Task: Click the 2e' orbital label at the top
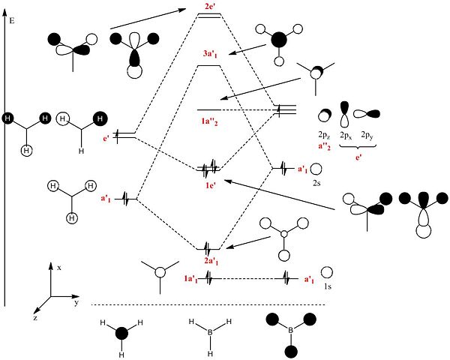point(211,6)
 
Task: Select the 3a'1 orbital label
point(210,54)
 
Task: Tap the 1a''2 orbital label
point(209,121)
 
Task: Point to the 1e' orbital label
point(210,185)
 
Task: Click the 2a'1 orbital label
point(211,261)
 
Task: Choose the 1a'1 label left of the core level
point(190,279)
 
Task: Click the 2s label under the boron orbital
point(316,183)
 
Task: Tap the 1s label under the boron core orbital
point(328,286)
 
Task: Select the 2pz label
point(324,135)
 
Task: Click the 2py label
point(367,135)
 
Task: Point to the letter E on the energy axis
point(12,21)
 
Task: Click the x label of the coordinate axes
point(59,268)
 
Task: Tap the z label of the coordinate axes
point(35,318)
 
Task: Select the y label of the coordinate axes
point(76,302)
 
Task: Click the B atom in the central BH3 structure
point(210,333)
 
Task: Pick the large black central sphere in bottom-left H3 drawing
point(121,334)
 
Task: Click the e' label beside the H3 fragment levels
point(106,139)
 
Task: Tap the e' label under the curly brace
point(358,157)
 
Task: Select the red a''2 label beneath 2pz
point(324,146)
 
